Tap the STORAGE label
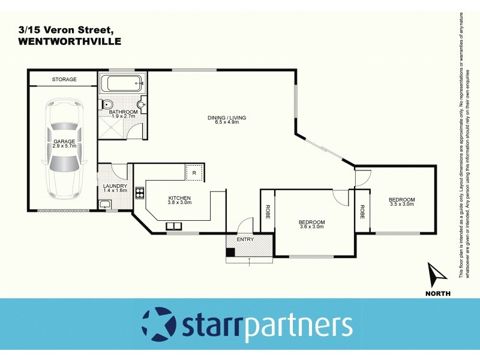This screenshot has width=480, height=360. point(64,79)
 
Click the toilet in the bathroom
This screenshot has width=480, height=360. point(106,104)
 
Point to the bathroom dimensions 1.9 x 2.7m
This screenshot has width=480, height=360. point(125,116)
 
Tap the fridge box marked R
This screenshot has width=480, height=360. point(194,173)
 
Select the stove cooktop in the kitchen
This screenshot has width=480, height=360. point(139,193)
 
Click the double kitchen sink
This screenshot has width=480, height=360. point(174,226)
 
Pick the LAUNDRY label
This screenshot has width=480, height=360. point(115,186)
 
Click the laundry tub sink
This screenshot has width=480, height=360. point(105,205)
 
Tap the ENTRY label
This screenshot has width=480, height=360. point(245,239)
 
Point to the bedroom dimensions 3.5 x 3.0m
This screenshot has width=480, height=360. point(401,204)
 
